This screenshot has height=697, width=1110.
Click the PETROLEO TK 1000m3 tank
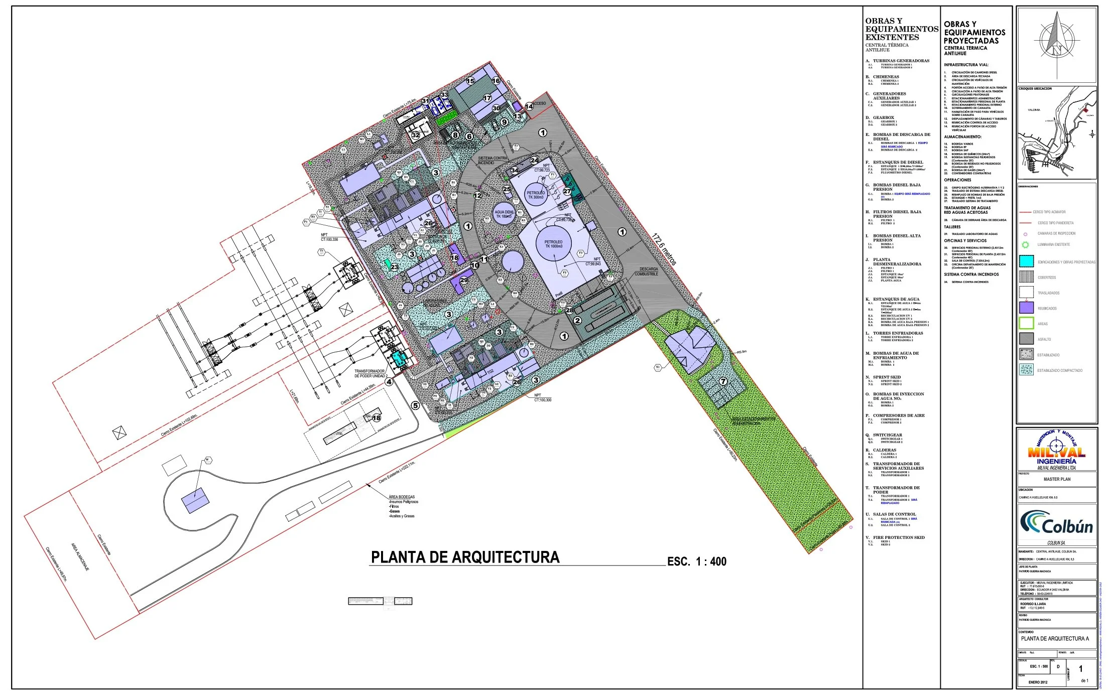click(x=554, y=244)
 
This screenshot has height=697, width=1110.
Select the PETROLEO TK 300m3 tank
click(x=535, y=195)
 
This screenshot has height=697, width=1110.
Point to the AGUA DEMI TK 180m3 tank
click(x=504, y=214)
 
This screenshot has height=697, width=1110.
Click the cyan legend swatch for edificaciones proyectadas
click(x=1026, y=261)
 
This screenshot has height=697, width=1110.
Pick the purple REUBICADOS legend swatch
click(x=1026, y=308)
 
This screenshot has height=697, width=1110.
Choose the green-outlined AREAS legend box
click(x=1026, y=324)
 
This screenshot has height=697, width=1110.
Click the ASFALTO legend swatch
click(x=1026, y=339)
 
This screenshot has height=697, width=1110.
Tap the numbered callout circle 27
click(x=567, y=191)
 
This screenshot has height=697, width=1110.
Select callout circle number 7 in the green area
click(x=723, y=381)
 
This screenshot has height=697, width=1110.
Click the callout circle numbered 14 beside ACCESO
click(x=529, y=106)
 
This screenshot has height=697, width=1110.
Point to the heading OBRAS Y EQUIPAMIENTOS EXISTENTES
click(x=902, y=29)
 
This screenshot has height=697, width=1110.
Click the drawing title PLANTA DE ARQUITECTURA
click(x=465, y=557)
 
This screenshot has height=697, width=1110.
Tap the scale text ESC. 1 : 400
click(x=696, y=562)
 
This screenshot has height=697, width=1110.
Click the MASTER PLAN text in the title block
click(x=1057, y=479)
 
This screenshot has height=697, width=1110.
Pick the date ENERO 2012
click(x=1037, y=682)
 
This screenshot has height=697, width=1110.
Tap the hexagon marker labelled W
click(x=207, y=460)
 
